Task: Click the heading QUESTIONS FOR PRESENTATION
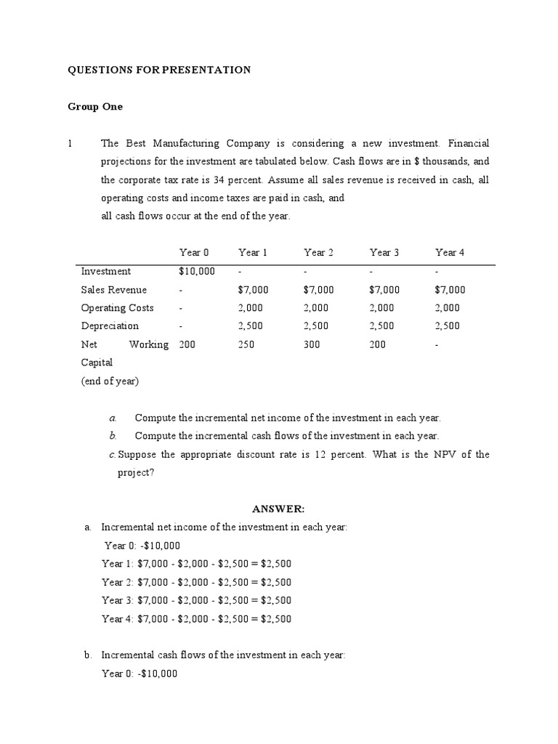[159, 70]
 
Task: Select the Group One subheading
[95, 107]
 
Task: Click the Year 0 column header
[194, 253]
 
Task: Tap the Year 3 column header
[384, 253]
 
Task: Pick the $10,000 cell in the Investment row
[197, 272]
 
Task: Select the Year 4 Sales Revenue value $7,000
[450, 290]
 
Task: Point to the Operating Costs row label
[117, 308]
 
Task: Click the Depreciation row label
[110, 326]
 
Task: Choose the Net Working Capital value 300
[312, 344]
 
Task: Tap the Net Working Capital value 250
[246, 344]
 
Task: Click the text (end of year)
[110, 381]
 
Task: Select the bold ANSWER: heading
[273, 509]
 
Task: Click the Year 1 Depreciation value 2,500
[250, 326]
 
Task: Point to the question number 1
[70, 144]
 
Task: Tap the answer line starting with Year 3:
[196, 601]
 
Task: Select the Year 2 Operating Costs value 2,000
[316, 308]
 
